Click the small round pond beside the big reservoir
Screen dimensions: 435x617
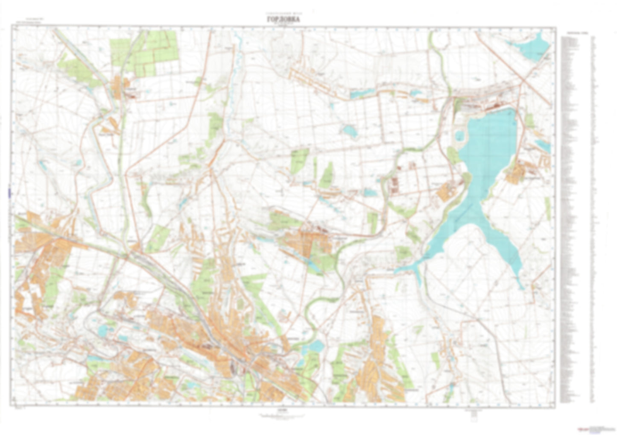pyautogui.click(x=459, y=135)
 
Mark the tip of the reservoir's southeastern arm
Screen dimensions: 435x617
pyautogui.click(x=521, y=287)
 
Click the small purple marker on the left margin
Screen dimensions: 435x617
pyautogui.click(x=9, y=193)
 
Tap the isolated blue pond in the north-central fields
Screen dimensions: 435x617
pyautogui.click(x=350, y=131)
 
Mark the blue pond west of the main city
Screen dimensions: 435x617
pyautogui.click(x=102, y=330)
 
